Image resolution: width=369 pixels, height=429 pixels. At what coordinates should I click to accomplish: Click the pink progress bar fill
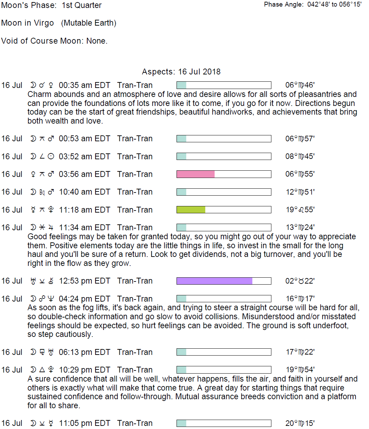pyautogui.click(x=196, y=174)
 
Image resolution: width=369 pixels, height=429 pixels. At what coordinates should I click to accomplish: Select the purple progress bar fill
pyautogui.click(x=214, y=281)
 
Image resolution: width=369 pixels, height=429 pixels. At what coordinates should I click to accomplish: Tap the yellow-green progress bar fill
pyautogui.click(x=191, y=209)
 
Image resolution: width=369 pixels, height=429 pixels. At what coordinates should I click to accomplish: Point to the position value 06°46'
pyautogui.click(x=300, y=85)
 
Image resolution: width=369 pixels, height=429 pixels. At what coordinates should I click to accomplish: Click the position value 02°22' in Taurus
pyautogui.click(x=300, y=281)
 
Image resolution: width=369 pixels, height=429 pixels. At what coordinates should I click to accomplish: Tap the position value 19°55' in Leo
pyautogui.click(x=300, y=209)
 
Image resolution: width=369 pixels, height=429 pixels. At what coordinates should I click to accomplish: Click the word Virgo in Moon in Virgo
pyautogui.click(x=44, y=23)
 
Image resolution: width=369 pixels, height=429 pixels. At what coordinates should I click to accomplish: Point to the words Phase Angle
pyautogui.click(x=283, y=5)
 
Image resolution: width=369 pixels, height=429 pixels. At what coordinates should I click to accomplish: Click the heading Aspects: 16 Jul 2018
pyautogui.click(x=181, y=72)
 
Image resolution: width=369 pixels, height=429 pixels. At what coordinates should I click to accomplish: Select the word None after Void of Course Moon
pyautogui.click(x=97, y=41)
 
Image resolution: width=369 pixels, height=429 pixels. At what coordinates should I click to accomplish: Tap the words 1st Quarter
pyautogui.click(x=82, y=6)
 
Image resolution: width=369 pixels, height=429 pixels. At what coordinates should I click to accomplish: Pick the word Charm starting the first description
pyautogui.click(x=38, y=94)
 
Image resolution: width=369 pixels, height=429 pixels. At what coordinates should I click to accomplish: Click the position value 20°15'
pyautogui.click(x=300, y=423)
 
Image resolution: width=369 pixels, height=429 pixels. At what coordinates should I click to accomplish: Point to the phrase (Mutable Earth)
pyautogui.click(x=89, y=23)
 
